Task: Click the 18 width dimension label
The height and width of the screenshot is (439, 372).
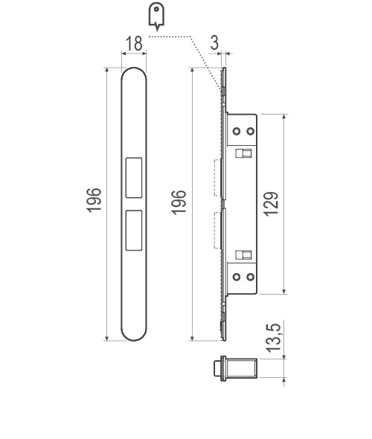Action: (x=134, y=44)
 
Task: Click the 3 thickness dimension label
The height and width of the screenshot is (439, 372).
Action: (x=214, y=44)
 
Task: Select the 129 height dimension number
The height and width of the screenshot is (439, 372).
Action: (x=272, y=204)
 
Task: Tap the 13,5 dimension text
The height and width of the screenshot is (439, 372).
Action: (x=273, y=339)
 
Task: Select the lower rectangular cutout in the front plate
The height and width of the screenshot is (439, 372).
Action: (x=135, y=229)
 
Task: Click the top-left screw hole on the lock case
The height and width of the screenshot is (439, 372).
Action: (x=237, y=131)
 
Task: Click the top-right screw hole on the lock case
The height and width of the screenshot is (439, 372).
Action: (x=249, y=131)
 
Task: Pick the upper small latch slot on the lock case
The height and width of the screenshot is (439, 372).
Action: (x=243, y=153)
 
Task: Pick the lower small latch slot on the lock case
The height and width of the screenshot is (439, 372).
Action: (x=243, y=254)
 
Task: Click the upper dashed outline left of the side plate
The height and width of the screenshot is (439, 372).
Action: (x=217, y=179)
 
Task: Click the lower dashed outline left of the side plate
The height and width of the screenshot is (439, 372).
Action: (x=217, y=229)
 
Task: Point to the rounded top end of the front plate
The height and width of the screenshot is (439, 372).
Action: (x=135, y=74)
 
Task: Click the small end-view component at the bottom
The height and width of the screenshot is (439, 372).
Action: (x=237, y=367)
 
